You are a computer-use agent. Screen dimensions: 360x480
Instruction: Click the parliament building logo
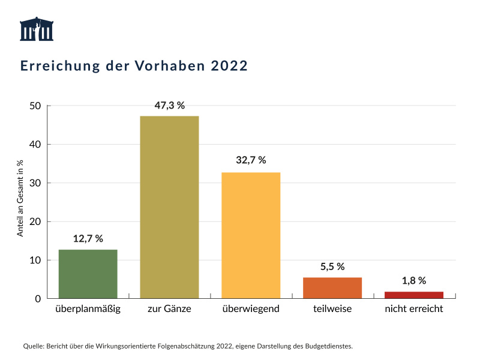tap(37, 29)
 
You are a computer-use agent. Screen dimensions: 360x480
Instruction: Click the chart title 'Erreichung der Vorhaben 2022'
tap(134, 66)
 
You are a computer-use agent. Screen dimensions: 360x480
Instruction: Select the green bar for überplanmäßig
tap(88, 274)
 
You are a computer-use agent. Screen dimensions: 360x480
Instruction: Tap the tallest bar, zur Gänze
tap(169, 207)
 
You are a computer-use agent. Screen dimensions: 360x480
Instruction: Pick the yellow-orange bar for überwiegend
tap(251, 235)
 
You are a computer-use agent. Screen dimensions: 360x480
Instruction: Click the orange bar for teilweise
tap(332, 288)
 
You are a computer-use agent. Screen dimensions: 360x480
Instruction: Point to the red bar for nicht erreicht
tap(414, 295)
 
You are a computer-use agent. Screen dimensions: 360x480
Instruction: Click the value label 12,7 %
tap(88, 238)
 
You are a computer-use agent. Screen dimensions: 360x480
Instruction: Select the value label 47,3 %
tap(169, 105)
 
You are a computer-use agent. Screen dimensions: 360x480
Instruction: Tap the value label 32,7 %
tap(251, 161)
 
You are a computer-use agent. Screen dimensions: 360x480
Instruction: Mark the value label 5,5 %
tap(332, 266)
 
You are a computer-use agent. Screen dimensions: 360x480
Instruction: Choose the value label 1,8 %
tap(414, 280)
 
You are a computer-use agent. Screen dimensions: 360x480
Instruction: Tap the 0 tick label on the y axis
tap(37, 299)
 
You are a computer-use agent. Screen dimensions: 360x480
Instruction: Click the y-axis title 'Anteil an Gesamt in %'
tap(20, 198)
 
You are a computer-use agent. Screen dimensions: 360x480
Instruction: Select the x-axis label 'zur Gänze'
tap(169, 310)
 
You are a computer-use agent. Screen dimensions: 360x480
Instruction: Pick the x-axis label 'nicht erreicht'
tap(414, 310)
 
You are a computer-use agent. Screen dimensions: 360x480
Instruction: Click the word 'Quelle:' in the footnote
tap(33, 346)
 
